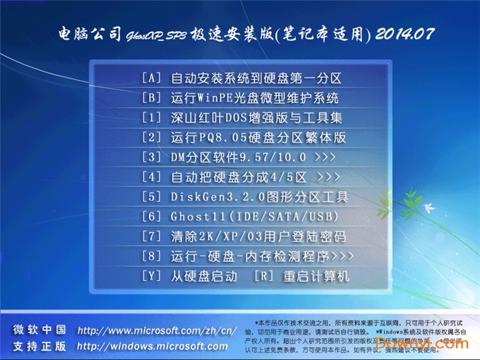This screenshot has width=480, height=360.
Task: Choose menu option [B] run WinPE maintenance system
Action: click(x=240, y=97)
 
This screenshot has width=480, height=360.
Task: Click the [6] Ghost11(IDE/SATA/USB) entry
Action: click(x=240, y=216)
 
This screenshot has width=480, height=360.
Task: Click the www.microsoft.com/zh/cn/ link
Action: click(x=156, y=330)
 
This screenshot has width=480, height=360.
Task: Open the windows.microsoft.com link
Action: click(x=152, y=347)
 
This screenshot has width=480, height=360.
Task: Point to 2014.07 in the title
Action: click(x=404, y=34)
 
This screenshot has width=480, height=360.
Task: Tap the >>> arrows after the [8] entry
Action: click(x=342, y=256)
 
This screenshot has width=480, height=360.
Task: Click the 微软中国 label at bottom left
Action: click(x=40, y=330)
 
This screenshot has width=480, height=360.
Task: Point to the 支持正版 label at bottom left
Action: click(x=40, y=347)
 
